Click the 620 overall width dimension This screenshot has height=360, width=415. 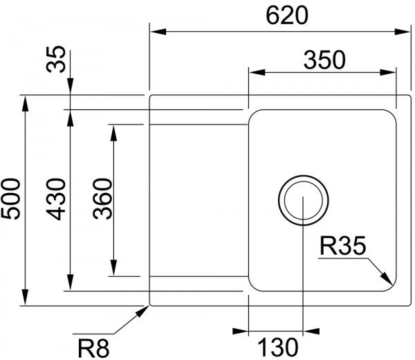click(287, 16)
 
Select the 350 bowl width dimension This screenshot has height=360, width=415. click(324, 60)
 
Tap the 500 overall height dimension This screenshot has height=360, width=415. click(10, 199)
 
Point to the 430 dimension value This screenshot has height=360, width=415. click(56, 199)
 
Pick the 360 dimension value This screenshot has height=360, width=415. click(102, 199)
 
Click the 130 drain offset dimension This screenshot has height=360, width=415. click(278, 347)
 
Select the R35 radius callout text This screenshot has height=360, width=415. click(343, 246)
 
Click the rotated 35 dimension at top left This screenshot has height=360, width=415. click(55, 59)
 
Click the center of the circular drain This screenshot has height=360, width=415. click(304, 200)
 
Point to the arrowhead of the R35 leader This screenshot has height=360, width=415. click(387, 279)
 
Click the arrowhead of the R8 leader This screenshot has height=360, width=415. click(142, 312)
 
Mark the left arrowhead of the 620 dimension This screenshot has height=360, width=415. click(158, 32)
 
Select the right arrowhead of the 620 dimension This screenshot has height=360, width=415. click(403, 32)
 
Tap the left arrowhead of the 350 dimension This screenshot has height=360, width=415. click(257, 72)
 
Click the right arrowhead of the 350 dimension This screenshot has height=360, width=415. click(388, 72)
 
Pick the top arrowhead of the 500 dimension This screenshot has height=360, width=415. click(25, 104)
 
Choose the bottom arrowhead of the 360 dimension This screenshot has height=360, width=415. click(113, 268)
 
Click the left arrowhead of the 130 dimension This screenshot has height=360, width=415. click(240, 331)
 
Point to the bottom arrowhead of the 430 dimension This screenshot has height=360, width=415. click(70, 282)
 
